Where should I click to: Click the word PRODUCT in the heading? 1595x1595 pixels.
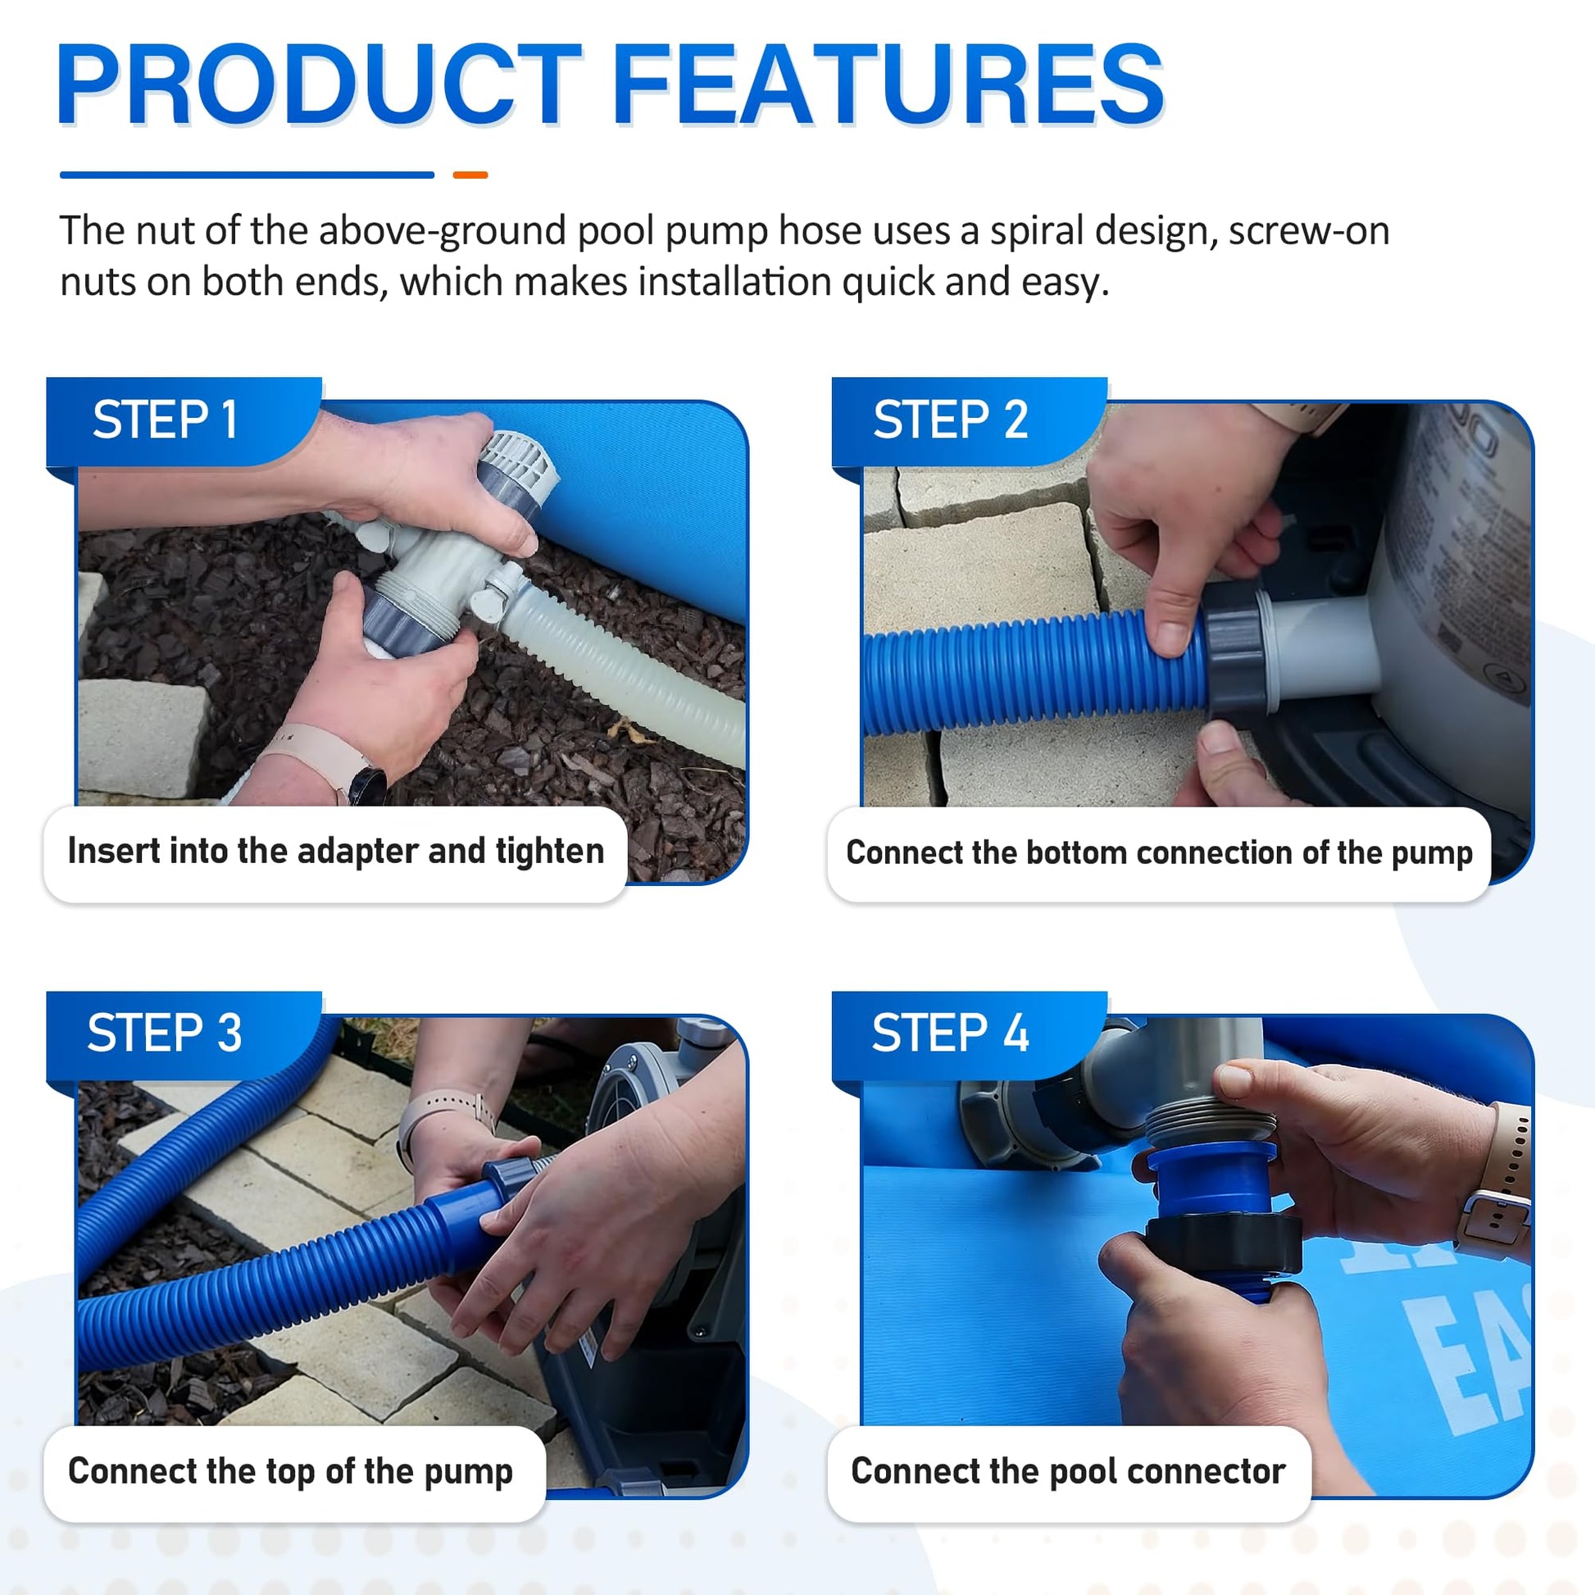[319, 84]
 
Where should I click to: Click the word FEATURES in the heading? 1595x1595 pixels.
[888, 84]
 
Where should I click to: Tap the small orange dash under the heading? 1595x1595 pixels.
[470, 175]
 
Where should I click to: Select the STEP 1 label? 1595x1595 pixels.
[165, 420]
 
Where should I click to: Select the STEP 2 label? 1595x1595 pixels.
[950, 420]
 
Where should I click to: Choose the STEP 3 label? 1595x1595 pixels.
[164, 1033]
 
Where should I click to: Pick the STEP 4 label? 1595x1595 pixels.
[950, 1033]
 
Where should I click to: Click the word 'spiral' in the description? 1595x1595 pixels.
[1036, 231]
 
